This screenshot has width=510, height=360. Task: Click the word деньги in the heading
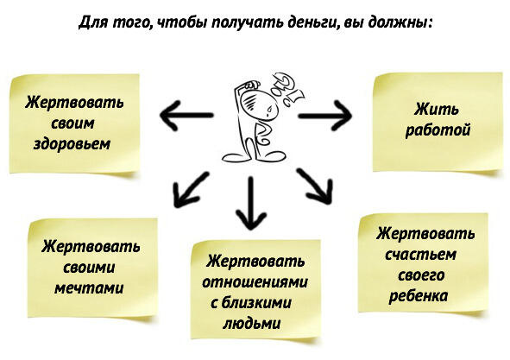coord(313,23)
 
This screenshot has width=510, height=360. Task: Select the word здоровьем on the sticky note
coord(72,144)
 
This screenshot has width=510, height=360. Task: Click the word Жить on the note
coord(437,109)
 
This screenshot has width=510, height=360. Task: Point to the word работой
coord(438,130)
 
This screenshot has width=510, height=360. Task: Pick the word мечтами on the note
coord(89,288)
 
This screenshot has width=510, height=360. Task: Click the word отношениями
coord(255,282)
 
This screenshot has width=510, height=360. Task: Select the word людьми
coord(251,324)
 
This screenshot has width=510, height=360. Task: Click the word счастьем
coord(420,255)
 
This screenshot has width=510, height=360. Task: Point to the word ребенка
coord(419,295)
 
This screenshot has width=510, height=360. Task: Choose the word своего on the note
coord(421,275)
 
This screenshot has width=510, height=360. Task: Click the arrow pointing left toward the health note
coord(186,115)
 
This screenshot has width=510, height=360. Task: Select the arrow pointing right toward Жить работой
coord(325,116)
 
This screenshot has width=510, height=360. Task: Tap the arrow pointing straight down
coord(251,203)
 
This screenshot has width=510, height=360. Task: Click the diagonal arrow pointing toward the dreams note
coord(191,190)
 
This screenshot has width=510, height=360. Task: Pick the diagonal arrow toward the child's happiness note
coord(315,186)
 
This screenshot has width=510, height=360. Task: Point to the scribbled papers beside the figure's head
coord(287,89)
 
